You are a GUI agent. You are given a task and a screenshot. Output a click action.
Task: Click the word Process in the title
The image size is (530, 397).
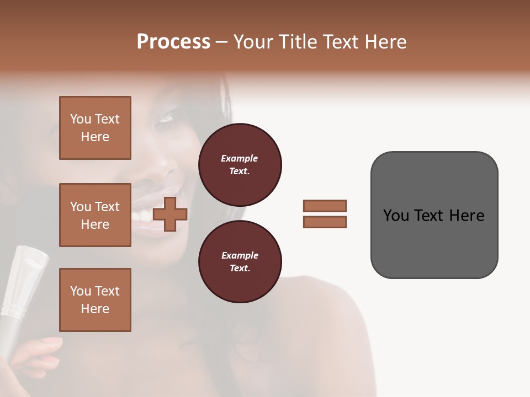point(173,42)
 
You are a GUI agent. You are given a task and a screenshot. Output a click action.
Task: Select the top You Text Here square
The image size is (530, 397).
point(95,128)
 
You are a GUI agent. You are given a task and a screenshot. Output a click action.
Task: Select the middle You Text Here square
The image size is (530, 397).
point(95,215)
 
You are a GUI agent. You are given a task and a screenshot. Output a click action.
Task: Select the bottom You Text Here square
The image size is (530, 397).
point(95,300)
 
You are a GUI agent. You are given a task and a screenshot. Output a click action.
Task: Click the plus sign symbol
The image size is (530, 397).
point(170,214)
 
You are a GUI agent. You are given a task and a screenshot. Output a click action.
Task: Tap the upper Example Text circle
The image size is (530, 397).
point(240,165)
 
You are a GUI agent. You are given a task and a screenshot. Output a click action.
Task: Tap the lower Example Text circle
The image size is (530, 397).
point(240,262)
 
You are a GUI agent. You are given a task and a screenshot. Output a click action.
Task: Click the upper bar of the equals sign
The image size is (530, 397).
point(325,206)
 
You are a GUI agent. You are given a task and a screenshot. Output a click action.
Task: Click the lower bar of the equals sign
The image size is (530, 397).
point(325,222)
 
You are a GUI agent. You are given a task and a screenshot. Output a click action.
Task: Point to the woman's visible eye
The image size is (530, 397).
point(167,117)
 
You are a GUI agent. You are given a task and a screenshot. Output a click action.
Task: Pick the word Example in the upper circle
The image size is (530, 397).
point(240,158)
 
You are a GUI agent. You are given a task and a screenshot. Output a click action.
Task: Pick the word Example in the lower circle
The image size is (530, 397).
point(240,255)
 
